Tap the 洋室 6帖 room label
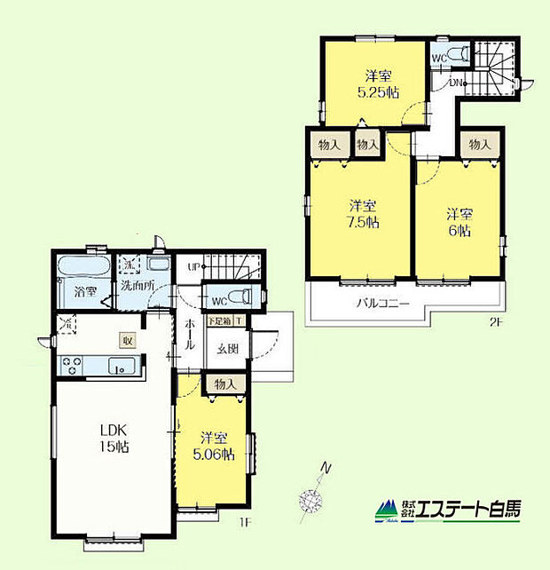pos(458,222)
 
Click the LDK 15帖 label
pos(114,438)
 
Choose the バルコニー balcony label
pos(384,303)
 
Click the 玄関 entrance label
pos(228,349)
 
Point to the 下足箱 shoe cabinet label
pos(219,321)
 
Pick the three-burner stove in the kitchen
pos(72,364)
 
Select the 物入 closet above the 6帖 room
pos(480,145)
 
